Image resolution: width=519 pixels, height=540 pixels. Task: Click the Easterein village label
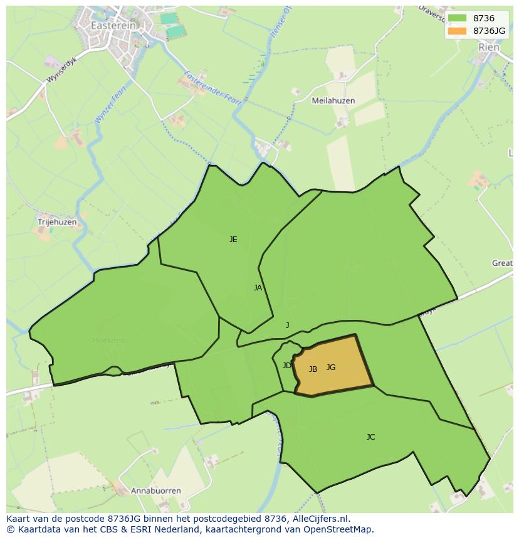point(113,26)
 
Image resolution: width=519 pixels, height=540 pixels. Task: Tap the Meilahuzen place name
point(333,100)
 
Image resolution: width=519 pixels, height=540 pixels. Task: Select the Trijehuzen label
point(57,222)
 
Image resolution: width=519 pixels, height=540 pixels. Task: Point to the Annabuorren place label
point(156,490)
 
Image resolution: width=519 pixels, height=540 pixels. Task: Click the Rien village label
point(489,47)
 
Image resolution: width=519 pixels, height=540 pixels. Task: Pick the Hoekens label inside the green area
point(108,341)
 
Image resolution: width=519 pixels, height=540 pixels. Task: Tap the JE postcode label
point(233,239)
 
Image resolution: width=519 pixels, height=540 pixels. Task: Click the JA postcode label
point(258,288)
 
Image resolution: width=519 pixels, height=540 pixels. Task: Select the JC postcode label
point(370,437)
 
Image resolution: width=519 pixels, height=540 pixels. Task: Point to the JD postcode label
point(286,366)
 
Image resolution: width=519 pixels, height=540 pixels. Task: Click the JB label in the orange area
point(313,369)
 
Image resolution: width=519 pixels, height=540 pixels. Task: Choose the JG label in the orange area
point(331,368)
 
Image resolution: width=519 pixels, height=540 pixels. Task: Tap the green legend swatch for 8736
point(457,19)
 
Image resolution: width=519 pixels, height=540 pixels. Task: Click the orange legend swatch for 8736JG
point(457,31)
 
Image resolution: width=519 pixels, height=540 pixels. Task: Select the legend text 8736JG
point(490,31)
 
